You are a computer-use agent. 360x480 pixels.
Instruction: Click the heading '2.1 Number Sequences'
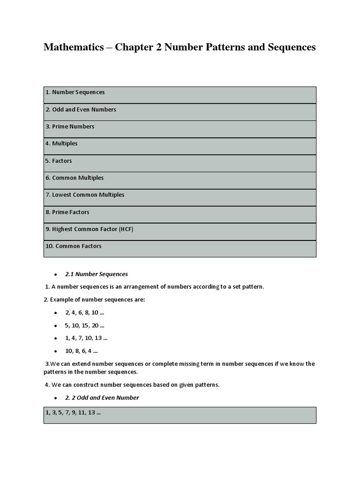97,274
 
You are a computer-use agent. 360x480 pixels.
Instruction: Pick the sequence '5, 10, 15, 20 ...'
85,325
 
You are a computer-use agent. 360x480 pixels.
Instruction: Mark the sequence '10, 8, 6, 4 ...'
82,351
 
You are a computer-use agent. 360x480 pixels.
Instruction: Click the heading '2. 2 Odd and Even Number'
102,397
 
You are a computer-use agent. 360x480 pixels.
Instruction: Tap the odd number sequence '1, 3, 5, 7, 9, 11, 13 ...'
73,413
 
